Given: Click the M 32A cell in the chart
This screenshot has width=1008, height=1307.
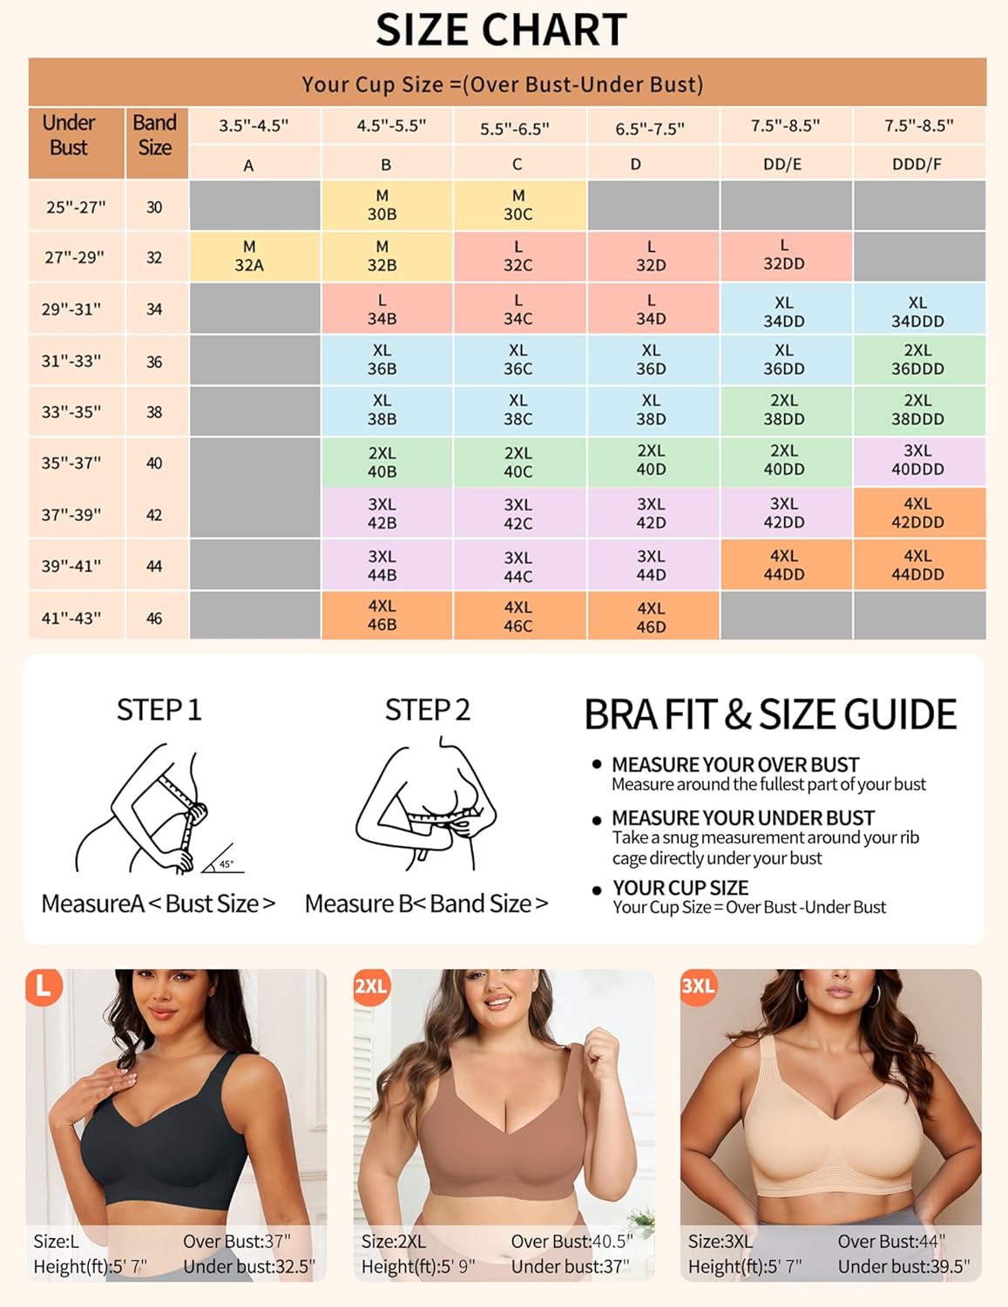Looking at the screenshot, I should (249, 256).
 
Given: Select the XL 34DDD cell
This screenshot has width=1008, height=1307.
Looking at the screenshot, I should (917, 311).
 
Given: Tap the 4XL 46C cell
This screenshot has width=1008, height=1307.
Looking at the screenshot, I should (518, 616).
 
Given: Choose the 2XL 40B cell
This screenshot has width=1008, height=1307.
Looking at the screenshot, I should (382, 463).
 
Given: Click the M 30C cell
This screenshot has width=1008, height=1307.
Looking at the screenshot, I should (518, 205).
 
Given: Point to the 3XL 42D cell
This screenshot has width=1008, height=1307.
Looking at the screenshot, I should (651, 513).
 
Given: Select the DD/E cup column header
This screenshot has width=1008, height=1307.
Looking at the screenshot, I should (782, 164).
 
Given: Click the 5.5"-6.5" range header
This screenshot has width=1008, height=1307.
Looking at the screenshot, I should (515, 129).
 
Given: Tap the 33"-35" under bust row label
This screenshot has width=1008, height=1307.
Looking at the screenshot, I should (71, 411).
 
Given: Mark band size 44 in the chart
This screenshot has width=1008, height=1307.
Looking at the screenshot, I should (154, 566).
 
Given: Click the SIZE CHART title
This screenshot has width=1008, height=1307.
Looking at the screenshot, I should (502, 30).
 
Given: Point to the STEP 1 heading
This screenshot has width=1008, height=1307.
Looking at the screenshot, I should (159, 710).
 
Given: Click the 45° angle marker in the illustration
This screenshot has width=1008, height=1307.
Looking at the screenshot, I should (226, 863).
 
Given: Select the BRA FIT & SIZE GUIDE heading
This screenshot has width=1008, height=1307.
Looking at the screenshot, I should (770, 714).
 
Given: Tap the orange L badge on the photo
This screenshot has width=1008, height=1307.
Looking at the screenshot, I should (44, 987).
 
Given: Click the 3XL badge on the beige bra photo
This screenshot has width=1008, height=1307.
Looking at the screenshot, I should (698, 986).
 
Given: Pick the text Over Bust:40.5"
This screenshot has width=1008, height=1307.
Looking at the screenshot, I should (572, 1241).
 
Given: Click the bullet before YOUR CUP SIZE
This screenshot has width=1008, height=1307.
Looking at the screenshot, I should (597, 890).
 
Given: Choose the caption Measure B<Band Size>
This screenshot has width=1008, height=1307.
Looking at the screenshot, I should (426, 904).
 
